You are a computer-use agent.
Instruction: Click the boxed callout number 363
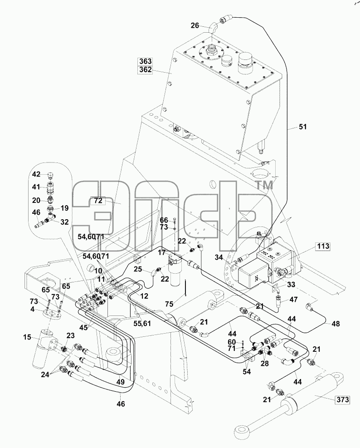pos(145,61)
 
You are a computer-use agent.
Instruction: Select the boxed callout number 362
pos(145,70)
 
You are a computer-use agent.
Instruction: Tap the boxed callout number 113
pos(323,246)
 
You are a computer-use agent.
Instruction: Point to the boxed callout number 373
pos(342,399)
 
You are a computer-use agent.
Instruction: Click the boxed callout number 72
pos(98,201)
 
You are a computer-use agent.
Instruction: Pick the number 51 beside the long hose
pos(302,127)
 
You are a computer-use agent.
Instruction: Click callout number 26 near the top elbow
pos(195,26)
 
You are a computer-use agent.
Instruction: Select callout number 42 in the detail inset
pos(36,174)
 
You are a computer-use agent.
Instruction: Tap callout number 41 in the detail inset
pos(36,187)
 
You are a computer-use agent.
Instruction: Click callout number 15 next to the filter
pos(27,337)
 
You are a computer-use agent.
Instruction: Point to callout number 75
pos(169,304)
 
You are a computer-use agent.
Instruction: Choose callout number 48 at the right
pos(336,324)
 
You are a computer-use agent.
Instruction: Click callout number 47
pos(293,300)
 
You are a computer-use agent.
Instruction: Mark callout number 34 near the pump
pos(219,257)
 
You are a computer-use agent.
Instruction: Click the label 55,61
pos(142,323)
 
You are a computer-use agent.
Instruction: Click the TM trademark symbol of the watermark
pos(263,186)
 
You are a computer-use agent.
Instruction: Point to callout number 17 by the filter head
pos(161,253)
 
